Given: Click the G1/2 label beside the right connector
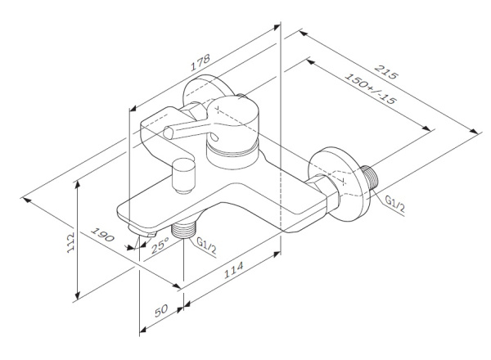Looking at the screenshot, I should tap(394, 207).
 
